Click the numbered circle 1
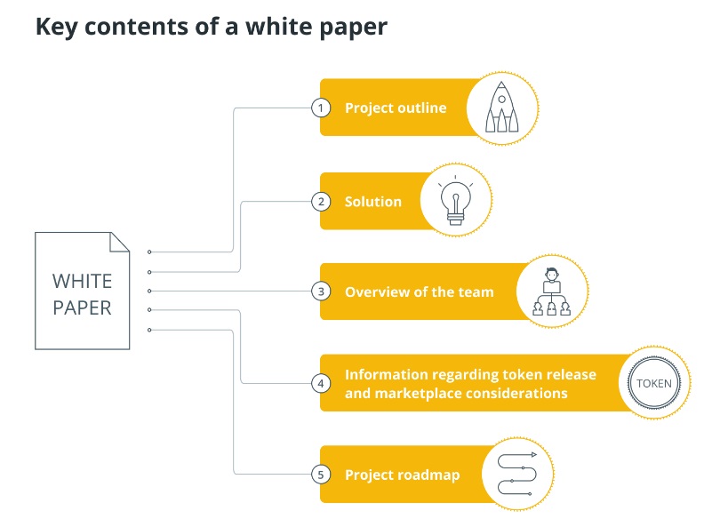(320, 108)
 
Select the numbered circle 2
(320, 201)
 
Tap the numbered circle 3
(320, 291)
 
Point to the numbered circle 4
(320, 383)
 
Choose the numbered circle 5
(320, 475)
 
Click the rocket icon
(502, 108)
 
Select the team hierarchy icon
(551, 291)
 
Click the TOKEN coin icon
(654, 383)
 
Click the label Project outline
(396, 108)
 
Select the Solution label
(373, 202)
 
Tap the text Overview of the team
(419, 291)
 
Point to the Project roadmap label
(402, 475)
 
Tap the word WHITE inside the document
(82, 282)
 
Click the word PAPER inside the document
(82, 308)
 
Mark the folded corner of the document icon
(120, 241)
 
